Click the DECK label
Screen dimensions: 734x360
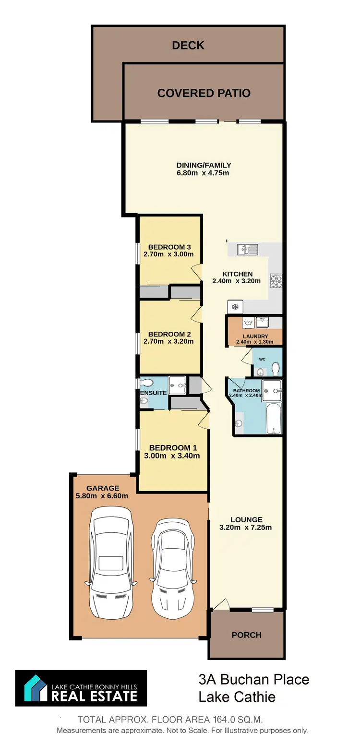pos(188,45)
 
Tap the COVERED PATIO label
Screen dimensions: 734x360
pos(204,93)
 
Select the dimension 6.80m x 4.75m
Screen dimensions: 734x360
pos(203,173)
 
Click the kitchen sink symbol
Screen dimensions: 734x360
pos(247,249)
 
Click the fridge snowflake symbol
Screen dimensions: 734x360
pos(235,307)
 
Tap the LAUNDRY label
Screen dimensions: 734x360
pos(255,336)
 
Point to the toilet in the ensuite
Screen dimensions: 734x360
pos(147,383)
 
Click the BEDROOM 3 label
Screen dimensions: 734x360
pos(168,247)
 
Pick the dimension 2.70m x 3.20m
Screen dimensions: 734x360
pos(168,341)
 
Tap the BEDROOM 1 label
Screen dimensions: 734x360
pos(172,447)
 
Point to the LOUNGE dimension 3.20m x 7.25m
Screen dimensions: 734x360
pos(246,527)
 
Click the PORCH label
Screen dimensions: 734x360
pos(247,635)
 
